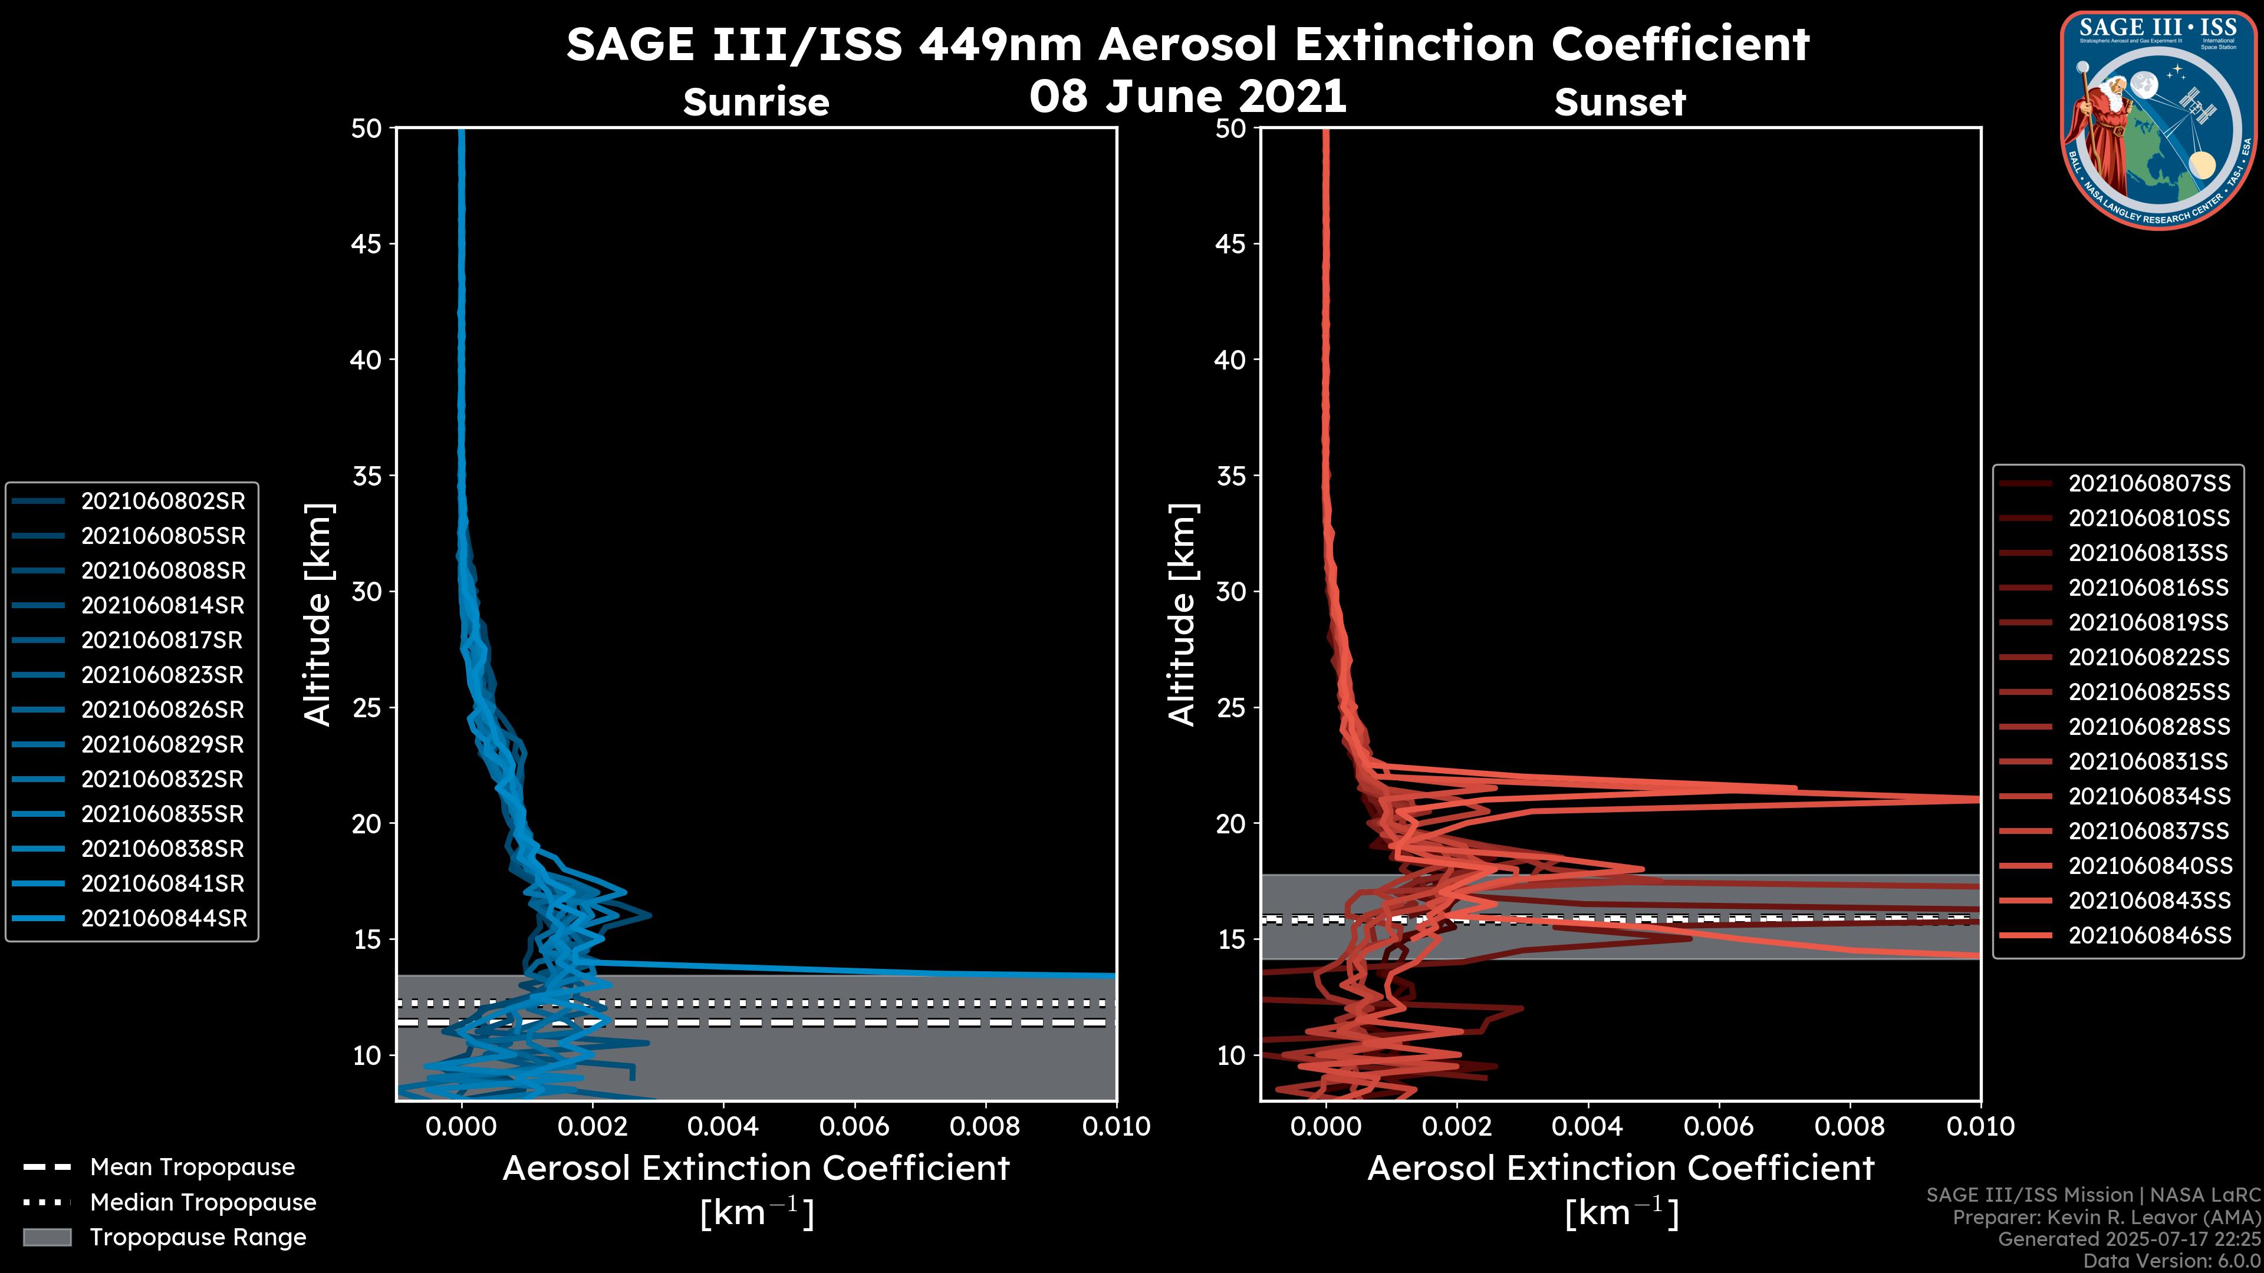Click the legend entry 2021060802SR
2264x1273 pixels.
[163, 501]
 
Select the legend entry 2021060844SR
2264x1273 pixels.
[163, 918]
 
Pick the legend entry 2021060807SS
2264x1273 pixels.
[2149, 483]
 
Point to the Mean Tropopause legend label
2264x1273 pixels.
[192, 1168]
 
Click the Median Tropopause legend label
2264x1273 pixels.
[203, 1202]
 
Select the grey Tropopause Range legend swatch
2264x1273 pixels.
[47, 1237]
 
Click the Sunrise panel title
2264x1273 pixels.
[756, 103]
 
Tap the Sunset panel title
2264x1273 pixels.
[1620, 103]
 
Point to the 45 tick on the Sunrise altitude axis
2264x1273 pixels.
[366, 243]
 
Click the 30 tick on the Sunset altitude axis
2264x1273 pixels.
[1230, 591]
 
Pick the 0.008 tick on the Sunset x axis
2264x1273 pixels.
[1850, 1126]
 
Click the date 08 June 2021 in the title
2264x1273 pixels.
[1187, 95]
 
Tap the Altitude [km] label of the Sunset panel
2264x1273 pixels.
[1182, 614]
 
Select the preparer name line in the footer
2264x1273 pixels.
[2106, 1218]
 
